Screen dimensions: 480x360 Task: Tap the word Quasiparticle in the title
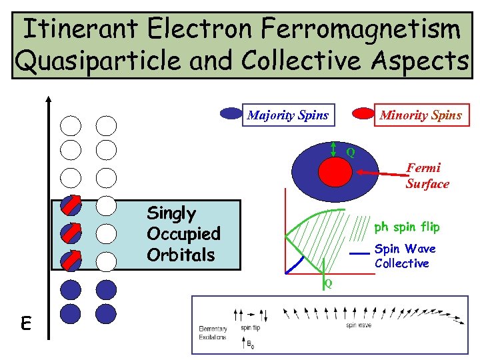click(x=87, y=61)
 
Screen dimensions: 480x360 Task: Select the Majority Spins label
click(x=288, y=115)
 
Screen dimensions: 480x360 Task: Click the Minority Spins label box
click(x=420, y=115)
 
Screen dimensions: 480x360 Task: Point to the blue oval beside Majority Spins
click(x=231, y=114)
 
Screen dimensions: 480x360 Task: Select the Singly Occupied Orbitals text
click(x=183, y=234)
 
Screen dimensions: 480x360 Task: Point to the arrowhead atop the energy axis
click(x=49, y=99)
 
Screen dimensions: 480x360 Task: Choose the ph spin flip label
click(x=407, y=227)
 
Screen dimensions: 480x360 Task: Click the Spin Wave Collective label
click(x=405, y=256)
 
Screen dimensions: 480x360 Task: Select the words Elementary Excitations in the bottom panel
click(x=213, y=333)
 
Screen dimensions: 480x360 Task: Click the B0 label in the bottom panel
click(x=250, y=345)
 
